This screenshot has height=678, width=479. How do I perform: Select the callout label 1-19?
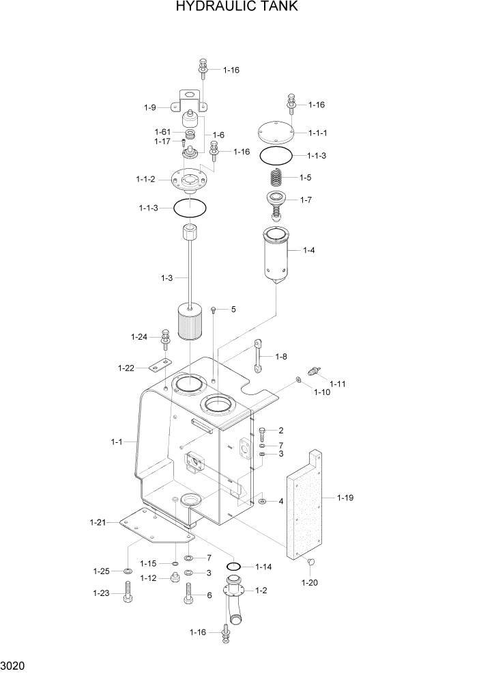point(346,498)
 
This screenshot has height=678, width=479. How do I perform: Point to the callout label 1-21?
point(98,523)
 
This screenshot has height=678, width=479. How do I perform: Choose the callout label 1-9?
point(150,107)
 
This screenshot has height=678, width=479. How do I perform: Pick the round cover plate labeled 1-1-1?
point(276,132)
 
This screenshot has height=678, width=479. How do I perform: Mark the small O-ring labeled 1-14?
point(233,566)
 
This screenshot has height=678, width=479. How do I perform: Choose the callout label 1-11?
point(338,383)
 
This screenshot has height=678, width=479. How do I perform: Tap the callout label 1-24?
point(139,336)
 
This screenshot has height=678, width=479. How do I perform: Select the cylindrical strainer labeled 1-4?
point(276,256)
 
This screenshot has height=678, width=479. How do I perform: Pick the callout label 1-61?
point(162,132)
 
